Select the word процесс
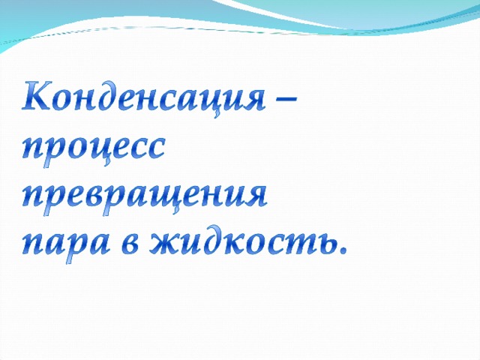point(94,150)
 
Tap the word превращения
point(145,198)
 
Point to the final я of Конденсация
point(253,99)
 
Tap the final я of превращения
point(256,197)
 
